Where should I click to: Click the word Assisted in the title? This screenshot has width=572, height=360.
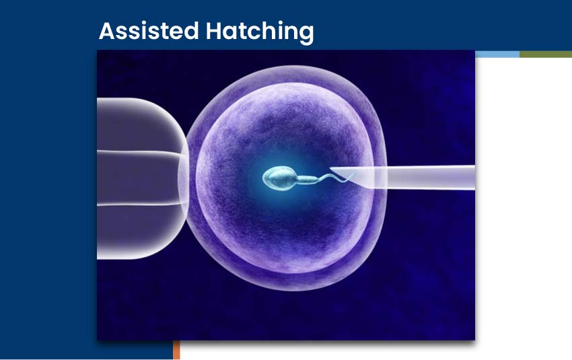coord(140,31)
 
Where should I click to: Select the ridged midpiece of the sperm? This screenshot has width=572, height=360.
coord(306,179)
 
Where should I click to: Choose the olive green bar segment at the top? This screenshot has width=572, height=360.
coord(545,54)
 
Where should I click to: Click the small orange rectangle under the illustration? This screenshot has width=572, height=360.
coord(176,349)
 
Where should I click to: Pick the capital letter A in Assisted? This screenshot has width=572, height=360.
coord(106,31)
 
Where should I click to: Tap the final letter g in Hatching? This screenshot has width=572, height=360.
coord(306,34)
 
